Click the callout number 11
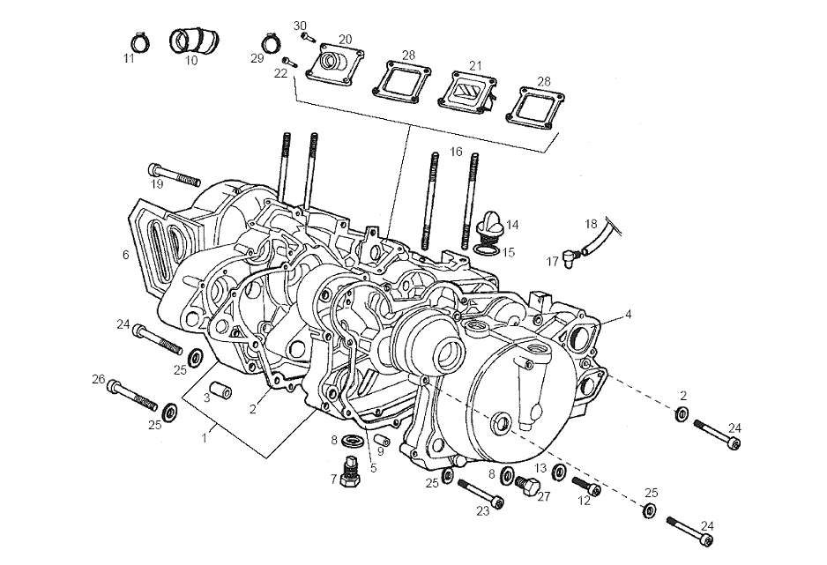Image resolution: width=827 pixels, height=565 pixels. (129, 58)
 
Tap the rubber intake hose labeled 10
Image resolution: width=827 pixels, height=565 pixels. (191, 41)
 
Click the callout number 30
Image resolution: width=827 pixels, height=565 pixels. (300, 25)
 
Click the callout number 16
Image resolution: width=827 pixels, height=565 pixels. (456, 152)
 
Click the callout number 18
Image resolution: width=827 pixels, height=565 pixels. (591, 224)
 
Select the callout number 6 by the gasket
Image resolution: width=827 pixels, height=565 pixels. (125, 255)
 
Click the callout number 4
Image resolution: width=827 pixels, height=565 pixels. (629, 313)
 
